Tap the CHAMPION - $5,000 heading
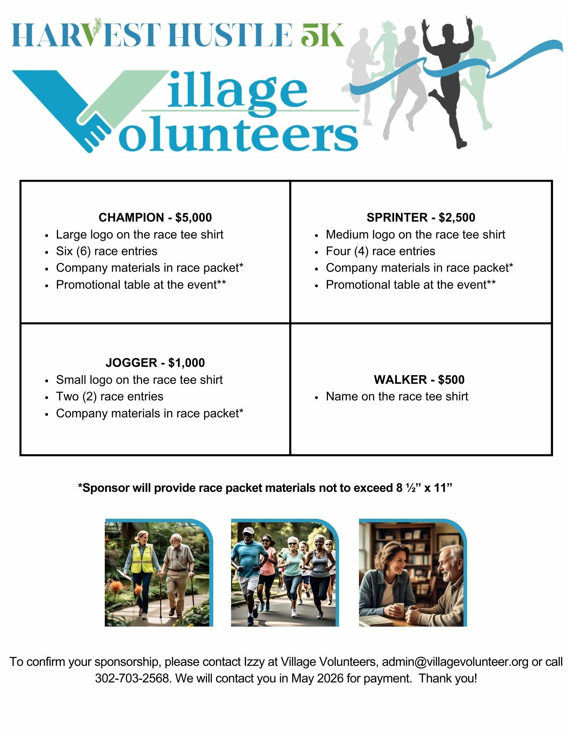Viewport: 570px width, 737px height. (155, 218)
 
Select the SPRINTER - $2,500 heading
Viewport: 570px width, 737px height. (421, 218)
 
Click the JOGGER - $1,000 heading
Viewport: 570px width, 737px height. (155, 363)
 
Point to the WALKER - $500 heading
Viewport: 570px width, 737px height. (420, 380)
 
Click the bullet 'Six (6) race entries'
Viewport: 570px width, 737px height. (107, 251)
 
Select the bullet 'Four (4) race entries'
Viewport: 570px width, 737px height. (380, 251)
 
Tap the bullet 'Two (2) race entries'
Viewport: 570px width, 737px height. (110, 397)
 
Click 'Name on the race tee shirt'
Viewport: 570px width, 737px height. (397, 397)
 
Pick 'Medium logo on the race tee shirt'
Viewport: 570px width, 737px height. (415, 235)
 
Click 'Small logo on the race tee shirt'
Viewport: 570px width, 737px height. (139, 380)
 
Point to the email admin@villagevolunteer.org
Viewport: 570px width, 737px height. (455, 662)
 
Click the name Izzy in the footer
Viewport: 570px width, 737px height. (254, 662)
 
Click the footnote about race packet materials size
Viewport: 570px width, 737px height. (265, 488)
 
